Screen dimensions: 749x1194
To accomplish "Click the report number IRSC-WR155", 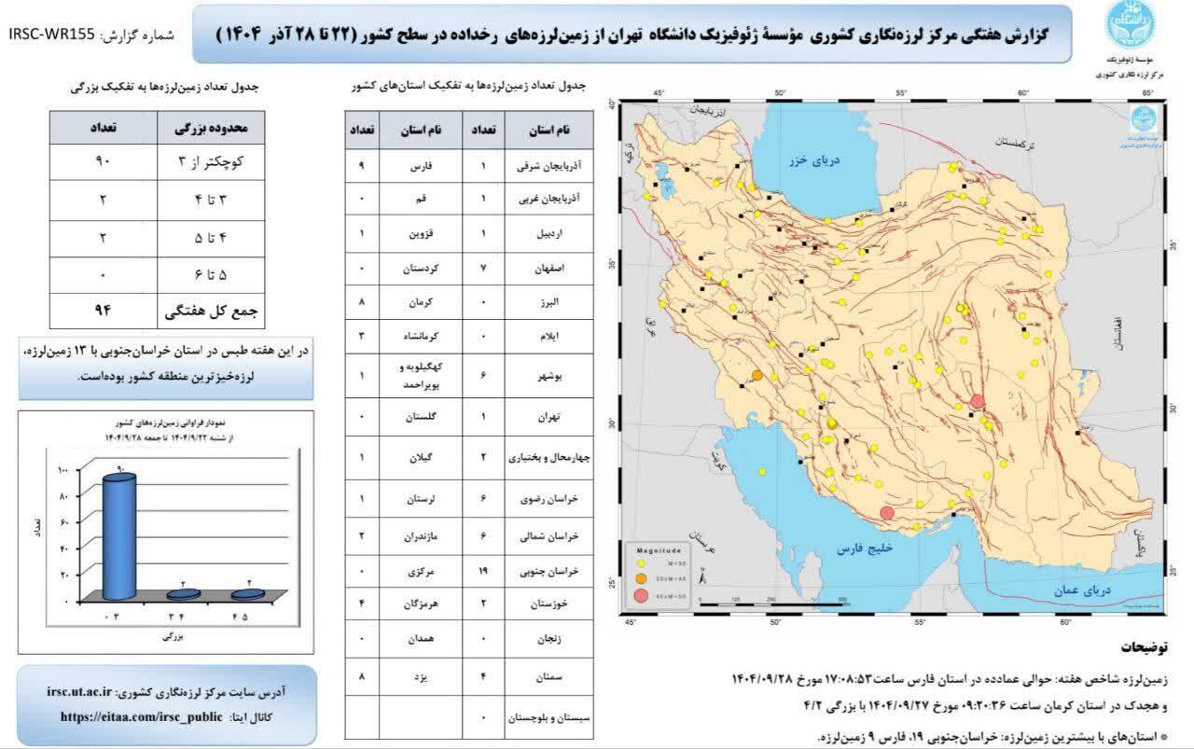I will (x=52, y=34).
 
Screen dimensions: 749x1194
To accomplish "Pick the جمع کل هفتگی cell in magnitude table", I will (x=213, y=309).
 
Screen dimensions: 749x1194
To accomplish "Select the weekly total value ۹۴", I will (x=103, y=309).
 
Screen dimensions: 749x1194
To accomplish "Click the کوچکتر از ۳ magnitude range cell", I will (x=213, y=160).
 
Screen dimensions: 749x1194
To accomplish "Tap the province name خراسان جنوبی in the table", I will (x=553, y=568).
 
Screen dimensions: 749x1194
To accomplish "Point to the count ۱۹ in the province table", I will (x=483, y=568).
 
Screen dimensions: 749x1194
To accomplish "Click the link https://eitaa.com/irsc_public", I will (x=141, y=716).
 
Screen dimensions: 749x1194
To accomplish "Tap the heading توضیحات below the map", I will (x=1151, y=646).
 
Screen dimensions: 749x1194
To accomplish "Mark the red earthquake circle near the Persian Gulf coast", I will (x=887, y=512).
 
